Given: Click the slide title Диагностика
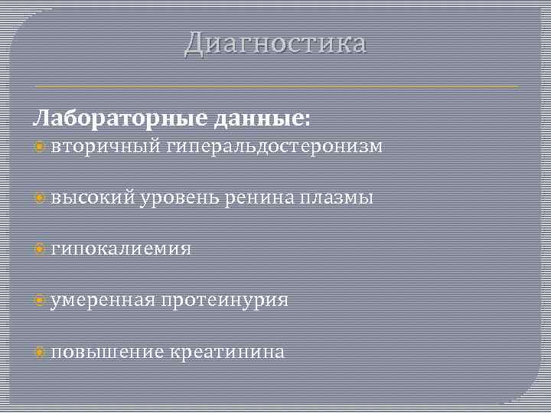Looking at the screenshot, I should click(x=275, y=44).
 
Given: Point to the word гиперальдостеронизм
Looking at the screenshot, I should click(x=272, y=147).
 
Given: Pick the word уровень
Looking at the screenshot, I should click(x=180, y=198).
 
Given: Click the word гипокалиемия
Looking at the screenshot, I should click(x=122, y=249).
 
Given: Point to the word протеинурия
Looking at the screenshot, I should click(x=224, y=301).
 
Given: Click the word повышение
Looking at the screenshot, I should click(x=108, y=352).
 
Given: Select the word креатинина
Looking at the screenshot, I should click(x=227, y=352).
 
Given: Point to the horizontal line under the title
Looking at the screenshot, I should click(x=275, y=86).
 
